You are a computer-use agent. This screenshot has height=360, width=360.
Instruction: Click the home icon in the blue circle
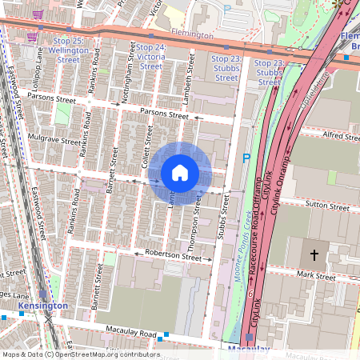[180, 173]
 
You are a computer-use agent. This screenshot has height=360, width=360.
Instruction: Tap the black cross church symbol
[314, 255]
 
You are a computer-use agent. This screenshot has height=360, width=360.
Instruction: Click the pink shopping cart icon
[32, 37]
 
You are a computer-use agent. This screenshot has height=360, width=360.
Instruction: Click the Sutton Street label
[328, 206]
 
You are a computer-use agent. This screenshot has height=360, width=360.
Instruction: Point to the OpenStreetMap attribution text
[81, 354]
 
